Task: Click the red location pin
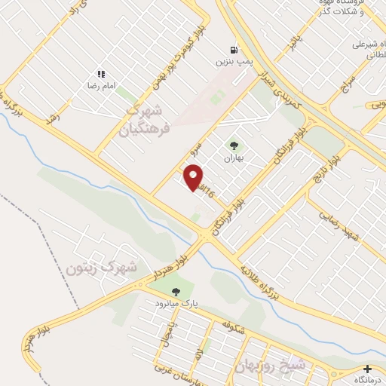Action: [x=194, y=177]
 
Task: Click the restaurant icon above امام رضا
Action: [x=100, y=74]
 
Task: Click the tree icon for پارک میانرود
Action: [x=176, y=291]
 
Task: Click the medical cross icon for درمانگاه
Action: [x=367, y=369]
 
